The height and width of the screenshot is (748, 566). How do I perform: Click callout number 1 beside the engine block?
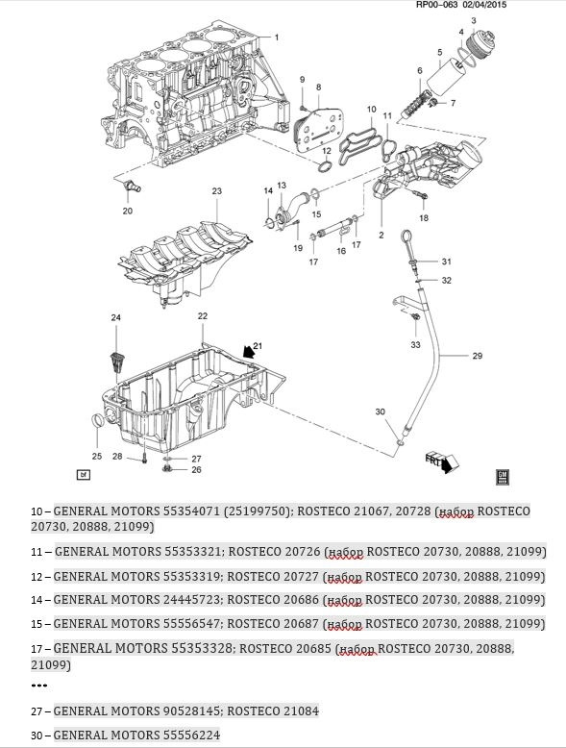click(277, 37)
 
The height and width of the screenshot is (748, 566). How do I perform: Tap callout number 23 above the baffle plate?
click(217, 191)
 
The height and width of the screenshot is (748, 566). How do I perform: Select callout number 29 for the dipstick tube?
click(478, 356)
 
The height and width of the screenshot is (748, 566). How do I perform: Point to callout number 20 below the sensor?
click(128, 211)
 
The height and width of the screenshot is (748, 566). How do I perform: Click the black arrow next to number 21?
click(248, 352)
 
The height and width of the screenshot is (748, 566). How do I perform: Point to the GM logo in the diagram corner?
click(503, 477)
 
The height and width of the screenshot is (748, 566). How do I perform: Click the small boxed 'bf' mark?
click(84, 475)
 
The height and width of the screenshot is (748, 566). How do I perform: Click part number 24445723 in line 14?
click(192, 600)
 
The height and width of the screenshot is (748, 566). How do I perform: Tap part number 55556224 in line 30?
click(191, 736)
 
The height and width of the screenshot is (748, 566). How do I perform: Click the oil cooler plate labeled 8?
click(314, 128)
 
